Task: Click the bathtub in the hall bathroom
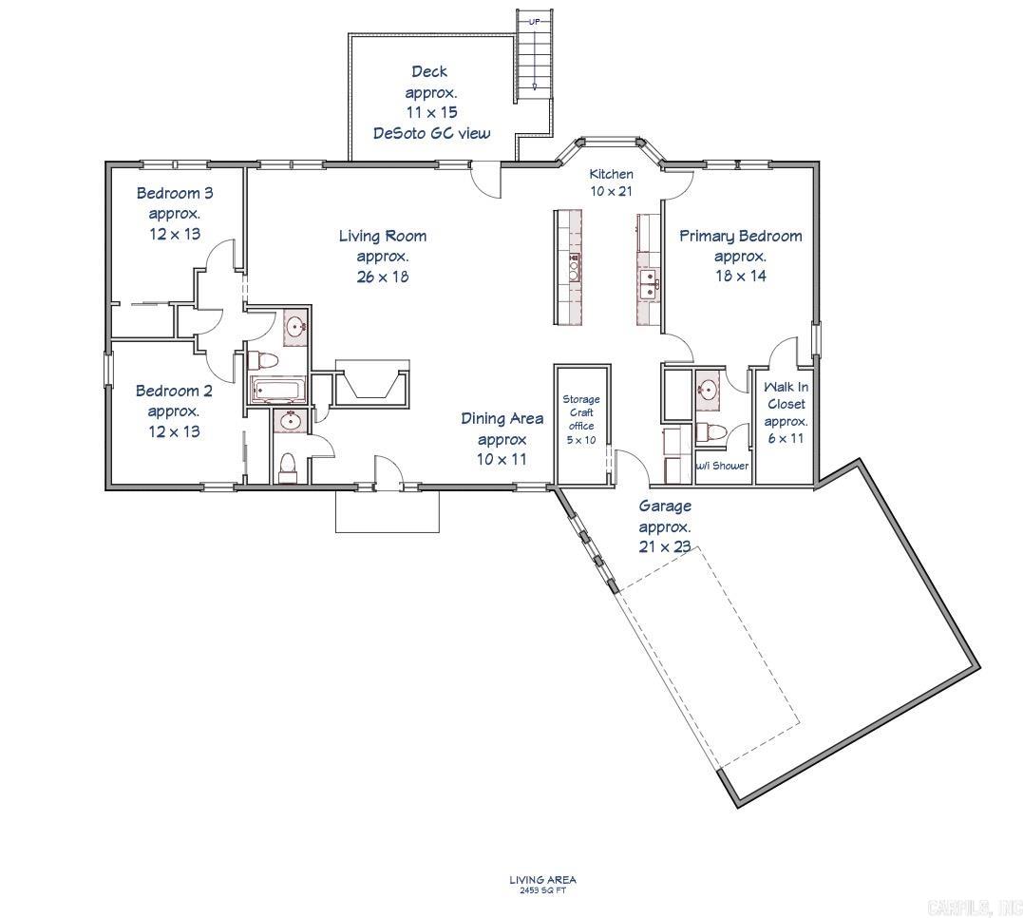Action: pos(277,389)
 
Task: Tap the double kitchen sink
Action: pos(650,281)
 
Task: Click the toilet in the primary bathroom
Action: pos(710,431)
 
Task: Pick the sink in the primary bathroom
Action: pos(708,389)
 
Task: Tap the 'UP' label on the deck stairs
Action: pos(534,21)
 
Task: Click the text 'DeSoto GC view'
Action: pos(431,133)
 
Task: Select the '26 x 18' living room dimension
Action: pos(383,277)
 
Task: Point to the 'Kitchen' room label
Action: pos(611,174)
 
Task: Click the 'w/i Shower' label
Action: pos(723,466)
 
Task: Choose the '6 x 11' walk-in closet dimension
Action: pos(786,438)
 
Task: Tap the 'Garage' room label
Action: pos(665,507)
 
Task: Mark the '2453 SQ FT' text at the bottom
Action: pos(542,890)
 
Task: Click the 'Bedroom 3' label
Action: pos(175,193)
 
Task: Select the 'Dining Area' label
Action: pos(502,418)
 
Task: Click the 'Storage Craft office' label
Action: pos(581,419)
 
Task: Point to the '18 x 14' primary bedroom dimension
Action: pos(741,277)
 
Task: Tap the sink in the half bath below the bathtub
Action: pos(290,421)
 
